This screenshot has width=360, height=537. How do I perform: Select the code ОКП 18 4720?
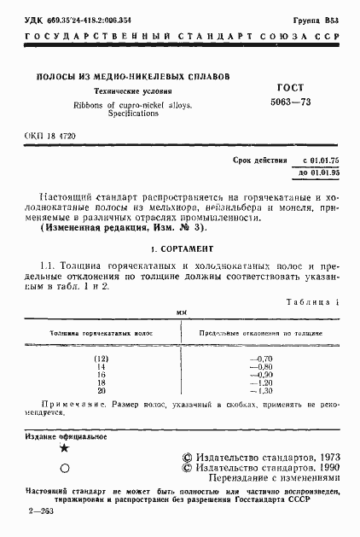(x=46, y=136)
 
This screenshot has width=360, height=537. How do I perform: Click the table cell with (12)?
(x=102, y=357)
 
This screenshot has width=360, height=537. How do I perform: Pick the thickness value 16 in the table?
(x=102, y=374)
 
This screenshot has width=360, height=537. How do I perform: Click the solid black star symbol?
(x=63, y=448)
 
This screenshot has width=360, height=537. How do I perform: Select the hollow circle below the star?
(x=63, y=468)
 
